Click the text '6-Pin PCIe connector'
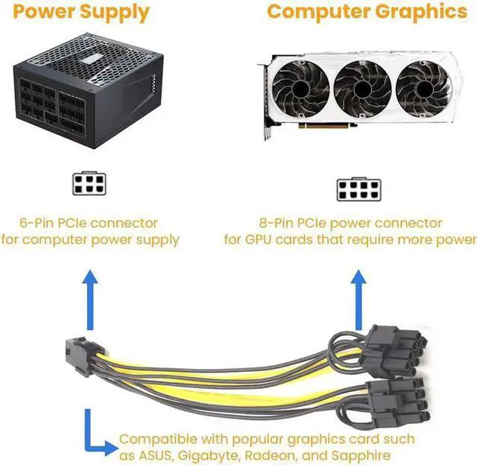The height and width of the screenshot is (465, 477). tap(89, 223)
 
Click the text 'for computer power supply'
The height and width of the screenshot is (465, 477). tap(89, 239)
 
